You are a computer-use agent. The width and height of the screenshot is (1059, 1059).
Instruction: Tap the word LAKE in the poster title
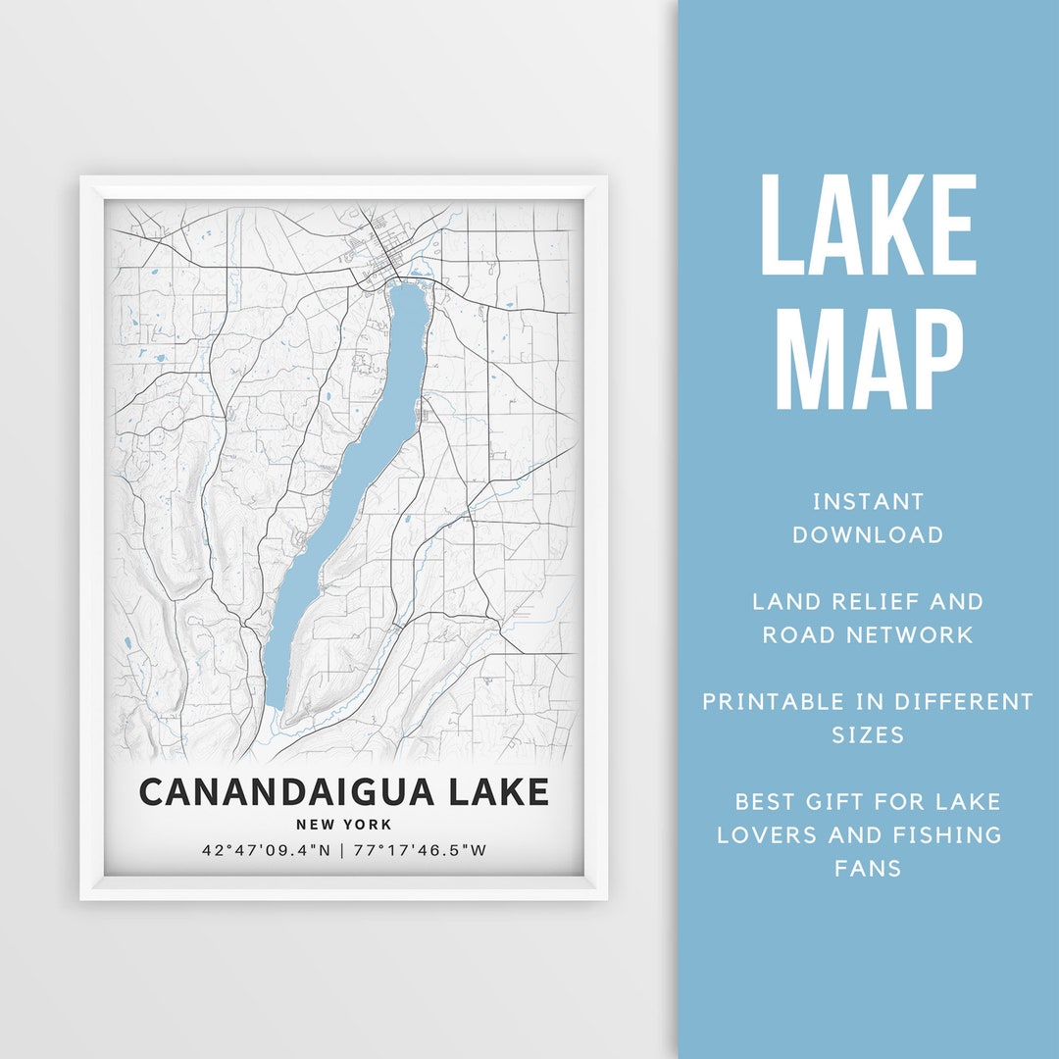(495, 791)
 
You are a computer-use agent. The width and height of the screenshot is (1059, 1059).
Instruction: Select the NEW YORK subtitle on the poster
(343, 825)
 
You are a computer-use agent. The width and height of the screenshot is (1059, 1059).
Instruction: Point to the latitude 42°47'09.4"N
(265, 850)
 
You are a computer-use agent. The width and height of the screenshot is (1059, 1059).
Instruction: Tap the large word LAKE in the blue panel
(869, 226)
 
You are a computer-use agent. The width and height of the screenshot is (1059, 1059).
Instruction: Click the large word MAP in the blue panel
(869, 360)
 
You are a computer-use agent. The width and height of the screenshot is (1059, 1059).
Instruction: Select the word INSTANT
(868, 502)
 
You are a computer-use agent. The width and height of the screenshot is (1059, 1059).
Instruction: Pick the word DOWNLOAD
(868, 535)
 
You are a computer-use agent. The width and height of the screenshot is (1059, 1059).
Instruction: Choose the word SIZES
(868, 735)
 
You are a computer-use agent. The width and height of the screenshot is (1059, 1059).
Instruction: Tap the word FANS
(868, 869)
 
